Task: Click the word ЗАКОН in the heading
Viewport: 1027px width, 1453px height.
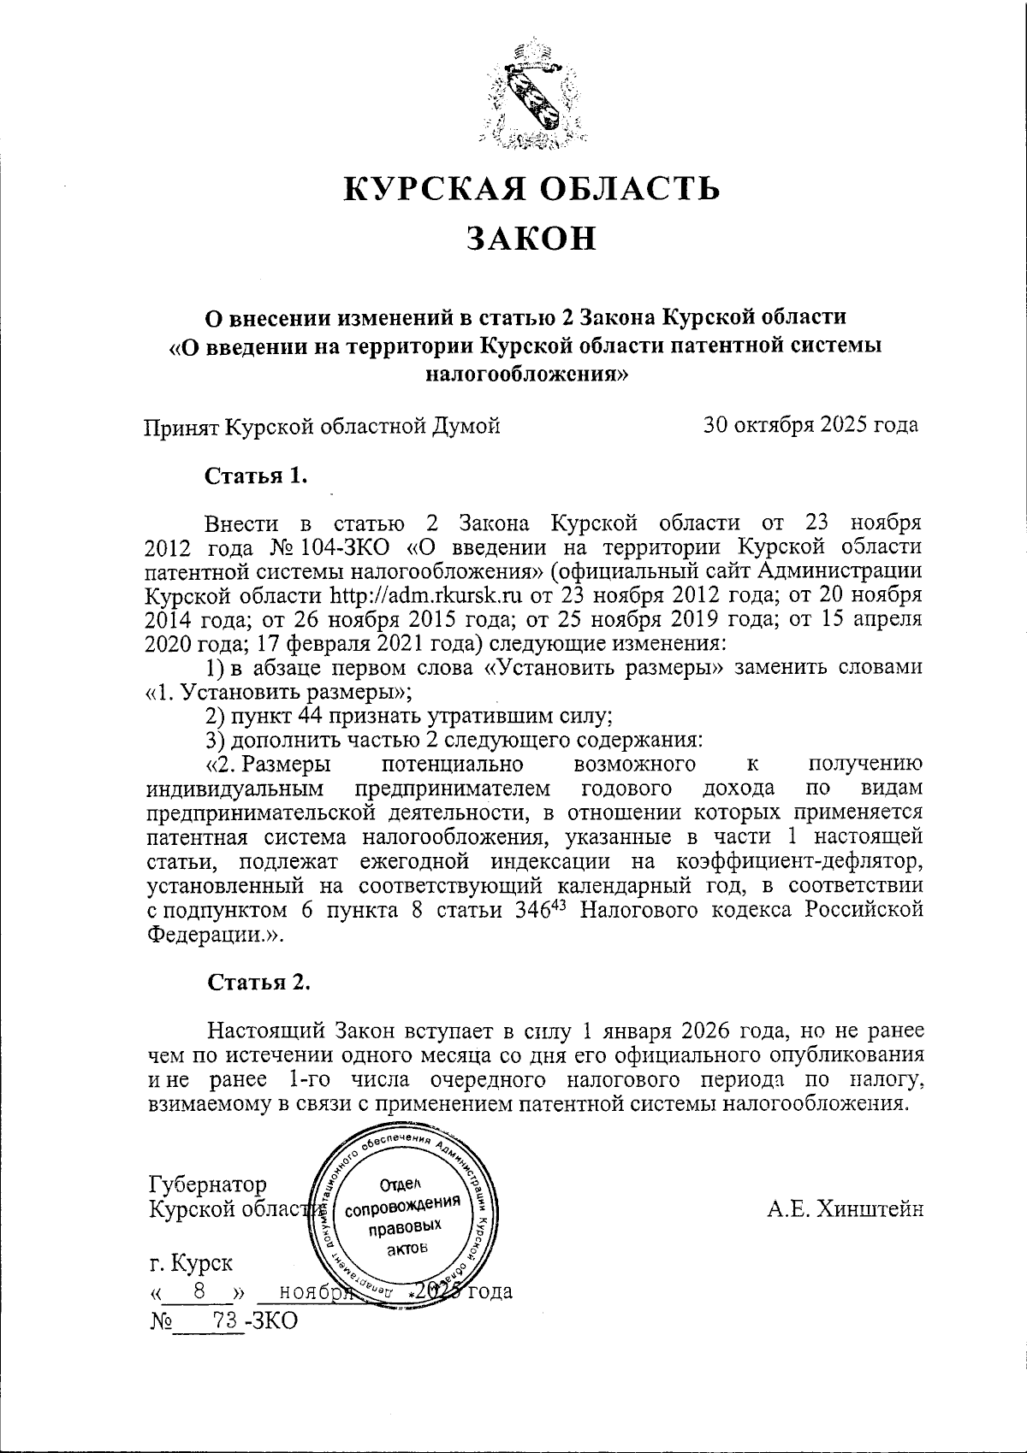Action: tap(531, 238)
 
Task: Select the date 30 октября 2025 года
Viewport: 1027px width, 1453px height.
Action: tap(810, 425)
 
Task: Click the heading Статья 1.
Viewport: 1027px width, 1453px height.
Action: tap(255, 476)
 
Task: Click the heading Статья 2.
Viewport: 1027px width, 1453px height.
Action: tap(258, 982)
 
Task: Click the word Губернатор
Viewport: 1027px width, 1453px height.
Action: tap(208, 1184)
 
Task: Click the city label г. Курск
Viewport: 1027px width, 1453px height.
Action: tap(190, 1263)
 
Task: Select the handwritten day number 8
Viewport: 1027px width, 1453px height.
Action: tap(199, 1291)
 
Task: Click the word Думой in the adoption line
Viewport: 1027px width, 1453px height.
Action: tap(468, 425)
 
